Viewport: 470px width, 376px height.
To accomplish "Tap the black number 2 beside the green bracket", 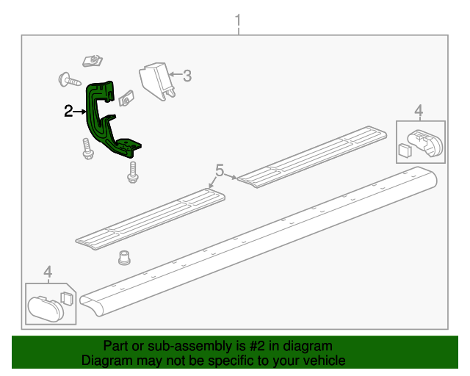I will [68, 112].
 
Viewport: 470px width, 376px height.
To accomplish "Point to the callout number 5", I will [219, 171].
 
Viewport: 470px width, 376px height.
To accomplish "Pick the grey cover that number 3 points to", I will [155, 79].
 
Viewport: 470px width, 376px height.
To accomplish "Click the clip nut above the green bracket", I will [92, 60].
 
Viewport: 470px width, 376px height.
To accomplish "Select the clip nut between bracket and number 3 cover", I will [126, 98].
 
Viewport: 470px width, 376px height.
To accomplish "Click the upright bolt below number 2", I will [87, 149].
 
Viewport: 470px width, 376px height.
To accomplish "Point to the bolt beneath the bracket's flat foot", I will [133, 171].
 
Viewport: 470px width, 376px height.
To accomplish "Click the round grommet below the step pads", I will [125, 258].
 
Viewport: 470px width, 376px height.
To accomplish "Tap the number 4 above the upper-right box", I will [419, 111].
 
